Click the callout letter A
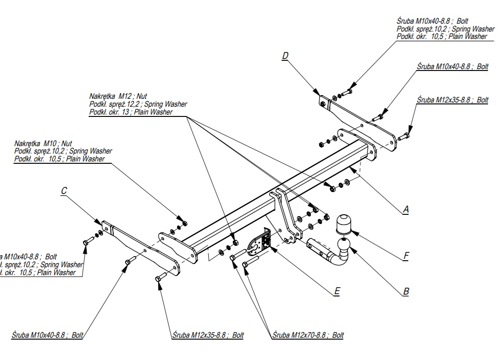click(406, 210)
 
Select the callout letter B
click(406, 292)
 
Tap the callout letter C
click(64, 191)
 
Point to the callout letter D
click(285, 56)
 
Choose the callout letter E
click(337, 291)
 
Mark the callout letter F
click(406, 255)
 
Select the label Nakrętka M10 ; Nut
click(44, 143)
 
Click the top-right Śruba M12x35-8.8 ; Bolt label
click(453, 100)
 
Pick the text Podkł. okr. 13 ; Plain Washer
click(131, 112)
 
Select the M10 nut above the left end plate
click(184, 224)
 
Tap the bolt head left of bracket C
click(87, 242)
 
